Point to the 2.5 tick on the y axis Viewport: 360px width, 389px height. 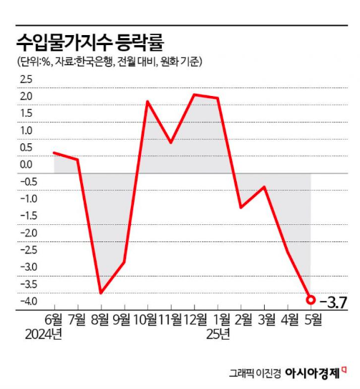(26, 79)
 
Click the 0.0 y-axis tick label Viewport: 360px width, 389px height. (26, 165)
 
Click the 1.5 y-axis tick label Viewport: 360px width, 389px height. (26, 113)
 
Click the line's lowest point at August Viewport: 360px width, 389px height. (100, 292)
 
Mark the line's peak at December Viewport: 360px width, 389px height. (195, 94)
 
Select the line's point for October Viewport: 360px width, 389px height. (147, 102)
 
